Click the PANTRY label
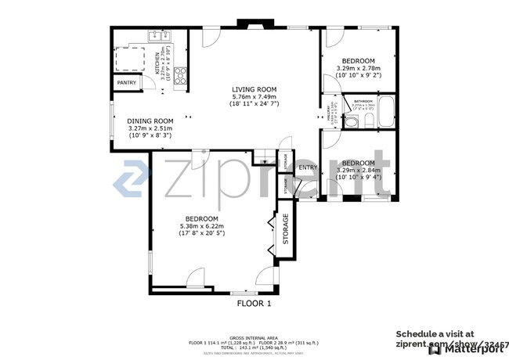coord(126,82)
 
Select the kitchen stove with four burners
coord(179,76)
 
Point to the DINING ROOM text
coord(150,121)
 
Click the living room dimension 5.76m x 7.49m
coord(254,96)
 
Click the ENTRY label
coord(308,167)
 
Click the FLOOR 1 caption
coord(254,303)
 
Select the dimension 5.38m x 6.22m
coord(202,226)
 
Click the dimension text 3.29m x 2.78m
coord(358,68)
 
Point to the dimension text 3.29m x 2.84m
coord(358,170)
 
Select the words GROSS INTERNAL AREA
coord(254,333)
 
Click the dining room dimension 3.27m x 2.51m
coord(150,128)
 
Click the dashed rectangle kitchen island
coord(130,56)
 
